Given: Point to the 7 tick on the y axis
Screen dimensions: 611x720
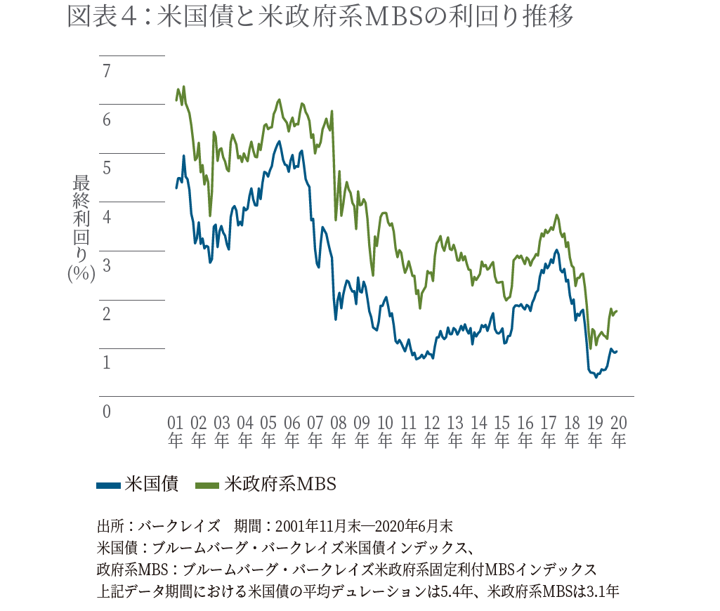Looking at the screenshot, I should point(107,71).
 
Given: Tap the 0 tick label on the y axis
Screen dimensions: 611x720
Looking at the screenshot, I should point(107,411).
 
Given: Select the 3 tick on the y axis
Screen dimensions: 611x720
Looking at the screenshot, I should point(107,265).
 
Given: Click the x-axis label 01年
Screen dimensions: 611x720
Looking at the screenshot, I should point(175,431).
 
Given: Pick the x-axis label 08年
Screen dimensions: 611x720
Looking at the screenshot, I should point(339,431).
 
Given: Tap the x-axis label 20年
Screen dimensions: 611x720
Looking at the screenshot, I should point(619,431).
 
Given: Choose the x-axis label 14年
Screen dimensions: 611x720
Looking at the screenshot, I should point(478,431).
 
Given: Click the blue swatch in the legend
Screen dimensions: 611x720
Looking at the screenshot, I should point(108,484).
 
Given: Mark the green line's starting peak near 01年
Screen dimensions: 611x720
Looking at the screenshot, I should point(183,87).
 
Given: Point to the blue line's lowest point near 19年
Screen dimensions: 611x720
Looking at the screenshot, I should point(596,377).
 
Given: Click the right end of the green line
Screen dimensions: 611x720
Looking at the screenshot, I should point(617,311).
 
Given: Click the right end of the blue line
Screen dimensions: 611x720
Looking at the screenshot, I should point(617,351).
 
